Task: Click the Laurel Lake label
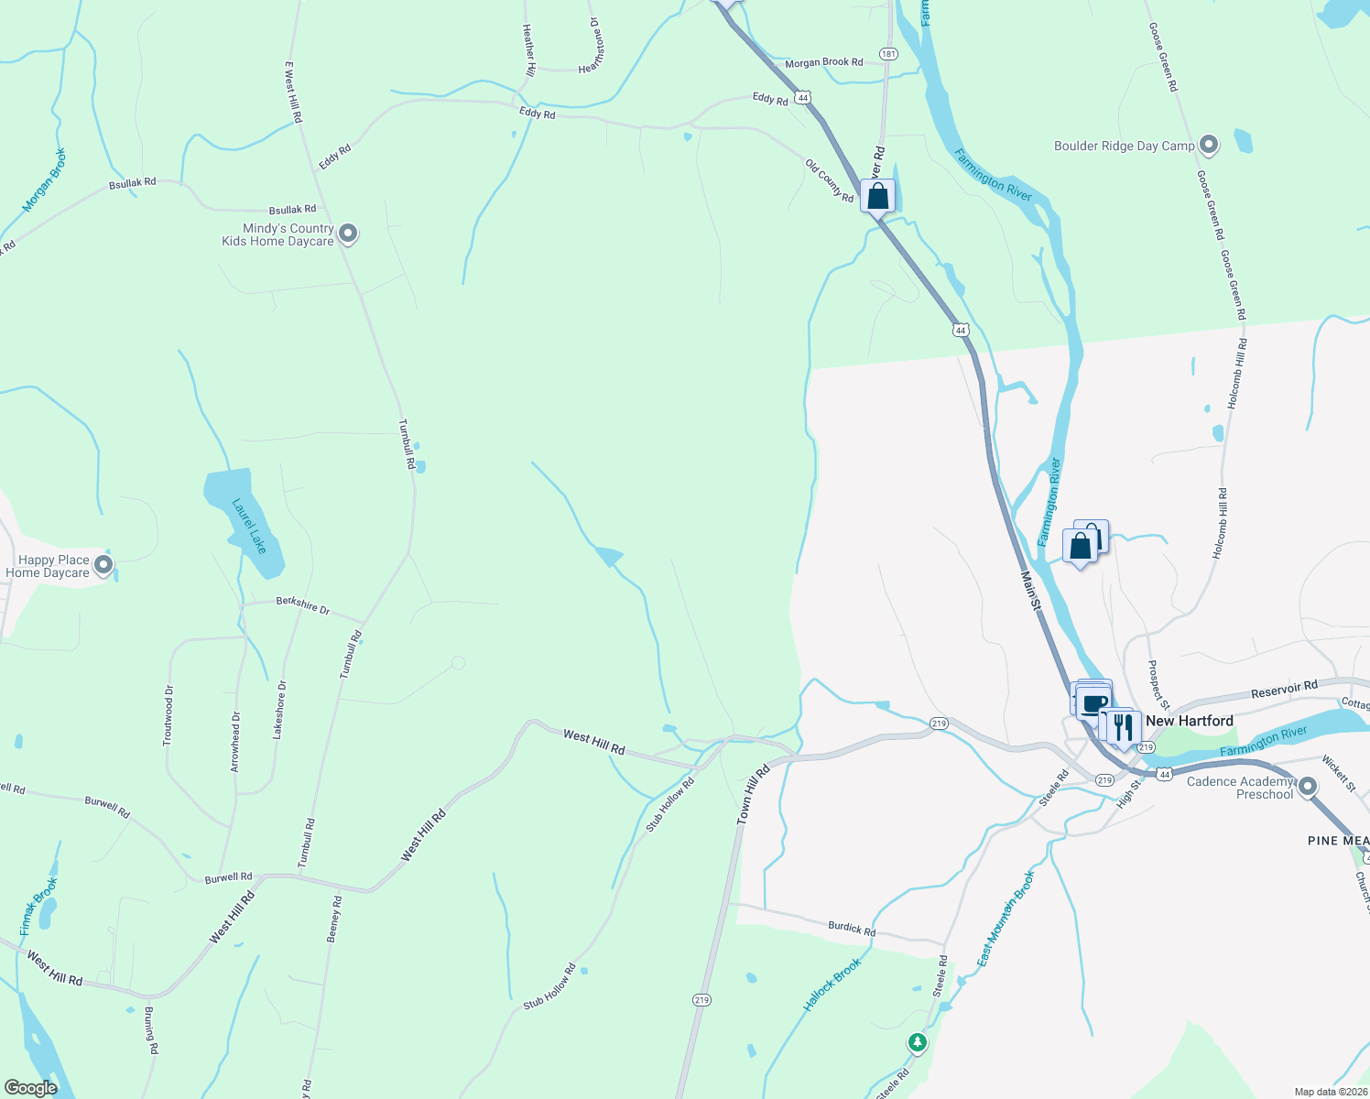click(249, 526)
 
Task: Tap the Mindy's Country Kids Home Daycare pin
click(348, 234)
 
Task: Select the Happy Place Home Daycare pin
click(103, 565)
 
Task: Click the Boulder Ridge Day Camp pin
click(1209, 145)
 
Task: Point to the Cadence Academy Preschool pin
click(1308, 786)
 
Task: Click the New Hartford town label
click(1189, 721)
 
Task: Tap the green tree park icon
click(917, 1042)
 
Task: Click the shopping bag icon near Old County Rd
click(877, 196)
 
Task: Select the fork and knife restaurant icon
click(1123, 727)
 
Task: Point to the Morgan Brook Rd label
click(823, 62)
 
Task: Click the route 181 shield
click(887, 54)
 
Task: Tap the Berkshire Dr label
click(302, 606)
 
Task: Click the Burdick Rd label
click(852, 928)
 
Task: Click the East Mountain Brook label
click(1006, 919)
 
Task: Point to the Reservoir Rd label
click(1284, 689)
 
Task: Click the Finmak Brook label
click(38, 907)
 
